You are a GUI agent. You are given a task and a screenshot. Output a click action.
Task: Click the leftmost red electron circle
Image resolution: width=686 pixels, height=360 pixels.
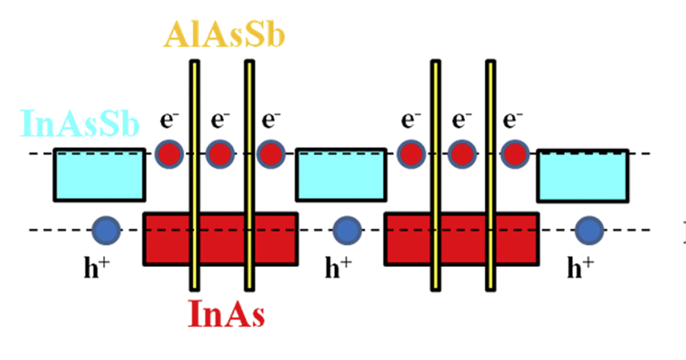pyautogui.click(x=169, y=154)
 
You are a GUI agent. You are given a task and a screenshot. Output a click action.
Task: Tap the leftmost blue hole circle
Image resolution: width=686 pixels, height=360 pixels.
pyautogui.click(x=106, y=230)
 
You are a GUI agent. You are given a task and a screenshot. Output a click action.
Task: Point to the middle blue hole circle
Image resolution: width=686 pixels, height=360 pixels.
pyautogui.click(x=347, y=230)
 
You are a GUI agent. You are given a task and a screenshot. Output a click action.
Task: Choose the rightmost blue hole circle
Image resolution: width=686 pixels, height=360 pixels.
pyautogui.click(x=589, y=230)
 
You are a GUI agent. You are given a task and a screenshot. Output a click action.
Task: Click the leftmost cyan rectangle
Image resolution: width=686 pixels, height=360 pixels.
pyautogui.click(x=99, y=175)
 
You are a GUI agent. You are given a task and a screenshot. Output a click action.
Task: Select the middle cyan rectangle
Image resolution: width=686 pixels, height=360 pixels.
pyautogui.click(x=341, y=175)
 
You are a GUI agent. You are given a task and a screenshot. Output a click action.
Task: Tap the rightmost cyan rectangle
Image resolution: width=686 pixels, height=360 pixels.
pyautogui.click(x=583, y=176)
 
